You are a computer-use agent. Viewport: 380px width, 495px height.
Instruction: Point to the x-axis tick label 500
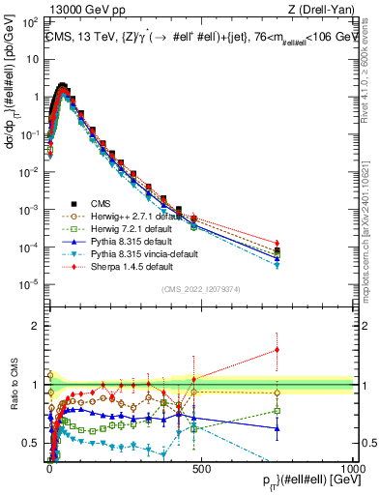tap(201, 468)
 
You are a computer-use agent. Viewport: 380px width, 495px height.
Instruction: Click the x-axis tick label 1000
tap(353, 468)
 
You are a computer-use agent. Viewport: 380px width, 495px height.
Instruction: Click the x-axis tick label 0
tap(49, 468)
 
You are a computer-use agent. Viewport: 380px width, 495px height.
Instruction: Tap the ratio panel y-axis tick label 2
tap(36, 326)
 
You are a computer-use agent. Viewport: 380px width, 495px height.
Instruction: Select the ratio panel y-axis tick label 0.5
tap(32, 444)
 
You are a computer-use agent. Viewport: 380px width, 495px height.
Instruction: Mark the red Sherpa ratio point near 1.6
tap(278, 350)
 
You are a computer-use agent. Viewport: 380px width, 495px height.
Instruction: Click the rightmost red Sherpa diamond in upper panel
tap(278, 243)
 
